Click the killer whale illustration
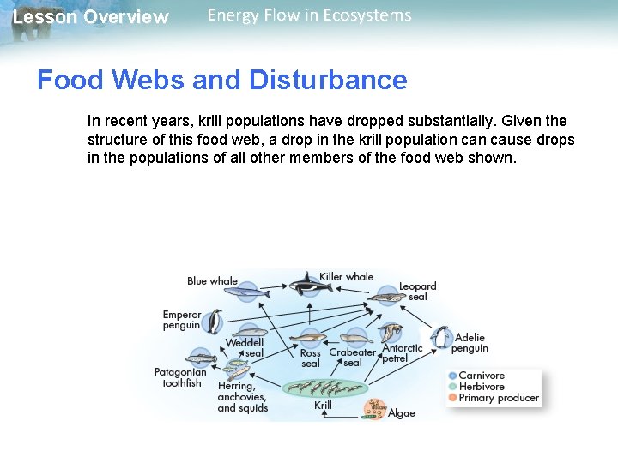(305, 283)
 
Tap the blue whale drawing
(249, 292)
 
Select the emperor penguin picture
(214, 321)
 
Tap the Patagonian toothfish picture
(201, 358)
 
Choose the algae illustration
(374, 407)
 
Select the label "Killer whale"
(346, 276)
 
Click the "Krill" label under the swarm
(324, 406)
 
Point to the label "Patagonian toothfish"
(180, 378)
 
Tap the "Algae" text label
(402, 413)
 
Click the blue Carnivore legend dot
(451, 376)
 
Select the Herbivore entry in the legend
(481, 387)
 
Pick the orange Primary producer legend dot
(451, 398)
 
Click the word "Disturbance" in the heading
(328, 81)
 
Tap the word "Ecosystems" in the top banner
(367, 15)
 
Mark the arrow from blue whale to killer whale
(275, 287)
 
